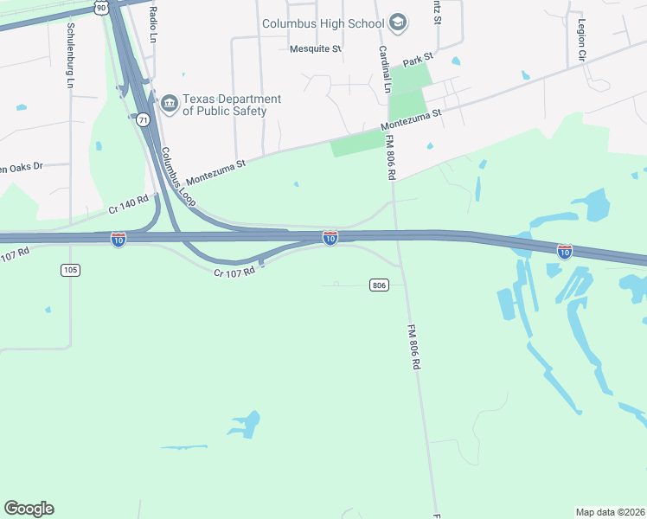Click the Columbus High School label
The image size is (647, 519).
point(323,23)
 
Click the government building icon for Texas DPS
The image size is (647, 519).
point(169,105)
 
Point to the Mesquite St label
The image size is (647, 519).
point(316,48)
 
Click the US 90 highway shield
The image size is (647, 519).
point(101,7)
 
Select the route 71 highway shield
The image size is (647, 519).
point(143,119)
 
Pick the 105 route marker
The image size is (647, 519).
point(71,270)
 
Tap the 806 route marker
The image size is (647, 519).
point(378,285)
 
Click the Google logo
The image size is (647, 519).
point(29,509)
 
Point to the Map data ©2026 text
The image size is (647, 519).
point(610,511)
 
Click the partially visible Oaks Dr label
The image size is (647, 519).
point(21,165)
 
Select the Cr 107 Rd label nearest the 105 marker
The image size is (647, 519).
point(16,253)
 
